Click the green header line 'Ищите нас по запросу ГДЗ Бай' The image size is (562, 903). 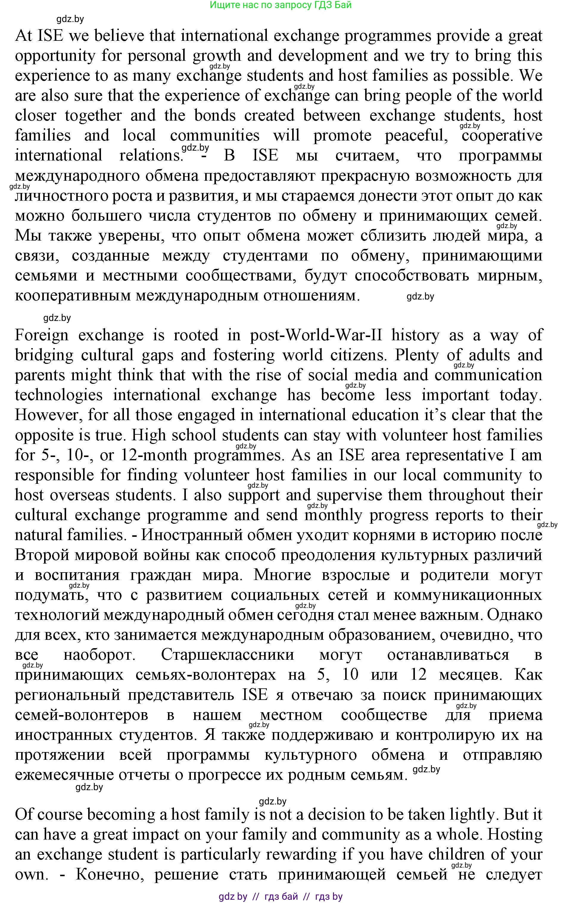281,5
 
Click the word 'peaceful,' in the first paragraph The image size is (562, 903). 416,135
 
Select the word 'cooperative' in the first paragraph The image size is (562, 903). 502,135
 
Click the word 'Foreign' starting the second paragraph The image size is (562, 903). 42,336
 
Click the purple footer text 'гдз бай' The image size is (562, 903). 281,897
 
